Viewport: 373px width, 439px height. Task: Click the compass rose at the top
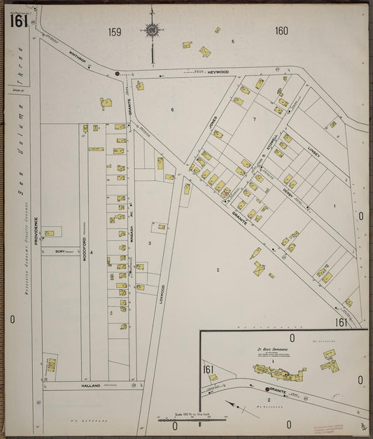[151, 29]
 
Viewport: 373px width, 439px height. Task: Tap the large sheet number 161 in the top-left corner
[18, 21]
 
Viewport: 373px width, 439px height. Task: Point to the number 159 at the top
[114, 32]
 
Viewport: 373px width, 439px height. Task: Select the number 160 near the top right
[281, 31]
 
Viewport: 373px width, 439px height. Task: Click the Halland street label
[92, 385]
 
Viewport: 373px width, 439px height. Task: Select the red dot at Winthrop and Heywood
[118, 72]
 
